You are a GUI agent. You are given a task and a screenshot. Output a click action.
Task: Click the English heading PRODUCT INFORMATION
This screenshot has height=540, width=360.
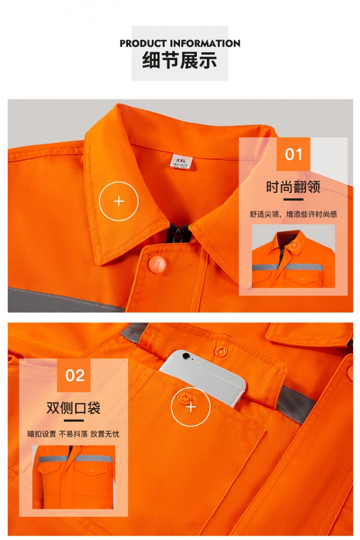point(180,43)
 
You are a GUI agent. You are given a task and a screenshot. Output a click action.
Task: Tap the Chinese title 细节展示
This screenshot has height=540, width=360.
point(180,60)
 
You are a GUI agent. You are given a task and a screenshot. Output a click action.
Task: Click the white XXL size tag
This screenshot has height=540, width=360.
point(180,161)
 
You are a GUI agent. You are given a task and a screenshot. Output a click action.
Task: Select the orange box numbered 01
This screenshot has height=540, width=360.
point(293,154)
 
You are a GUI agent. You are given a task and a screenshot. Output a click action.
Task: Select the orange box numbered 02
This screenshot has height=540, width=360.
point(74,375)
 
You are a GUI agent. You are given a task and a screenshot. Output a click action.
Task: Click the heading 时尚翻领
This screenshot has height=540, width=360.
point(293,187)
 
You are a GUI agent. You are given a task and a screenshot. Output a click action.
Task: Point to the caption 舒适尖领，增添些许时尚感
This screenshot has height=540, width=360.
point(293,214)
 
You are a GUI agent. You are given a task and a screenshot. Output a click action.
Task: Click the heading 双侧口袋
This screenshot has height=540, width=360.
point(73,408)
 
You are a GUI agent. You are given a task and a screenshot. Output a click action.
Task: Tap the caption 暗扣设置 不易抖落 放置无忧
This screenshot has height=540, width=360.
point(73,434)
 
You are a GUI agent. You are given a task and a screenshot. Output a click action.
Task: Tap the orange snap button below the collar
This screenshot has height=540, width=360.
point(157,264)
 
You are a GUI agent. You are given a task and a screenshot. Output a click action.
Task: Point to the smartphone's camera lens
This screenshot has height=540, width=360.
point(186,355)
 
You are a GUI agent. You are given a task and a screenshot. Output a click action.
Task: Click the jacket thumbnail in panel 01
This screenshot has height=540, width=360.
point(293,256)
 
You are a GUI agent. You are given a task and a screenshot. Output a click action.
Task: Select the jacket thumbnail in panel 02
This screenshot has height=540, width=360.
point(74,477)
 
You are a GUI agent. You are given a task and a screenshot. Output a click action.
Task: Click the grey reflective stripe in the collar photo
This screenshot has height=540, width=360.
point(65,300)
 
